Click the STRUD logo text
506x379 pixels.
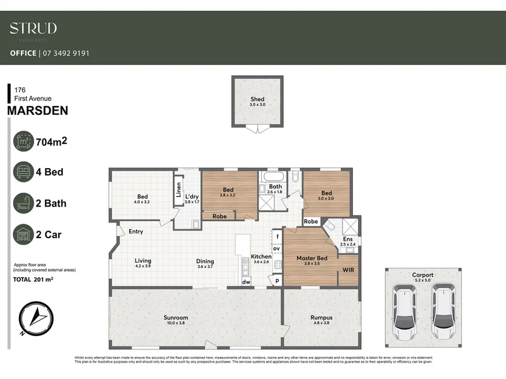[33, 28]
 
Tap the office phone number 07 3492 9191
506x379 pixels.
[66, 53]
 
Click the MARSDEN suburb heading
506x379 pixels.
[37, 111]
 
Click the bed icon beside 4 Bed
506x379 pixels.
[23, 172]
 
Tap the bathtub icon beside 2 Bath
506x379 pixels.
[23, 203]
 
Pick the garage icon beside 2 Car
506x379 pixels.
[23, 235]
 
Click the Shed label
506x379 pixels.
[257, 99]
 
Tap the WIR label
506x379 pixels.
[348, 270]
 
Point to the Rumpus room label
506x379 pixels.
[321, 318]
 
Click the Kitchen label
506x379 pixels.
[261, 256]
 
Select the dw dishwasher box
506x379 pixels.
[247, 282]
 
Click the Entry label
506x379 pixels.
[135, 232]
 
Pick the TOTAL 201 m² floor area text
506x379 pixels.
[33, 279]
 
